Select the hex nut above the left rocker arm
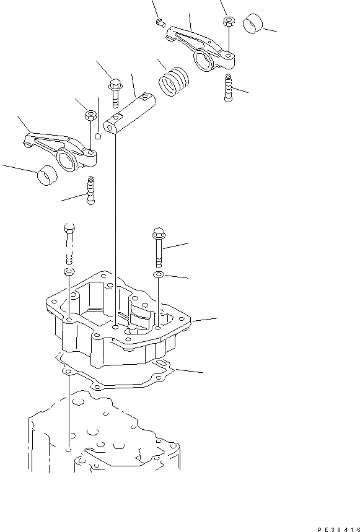90,115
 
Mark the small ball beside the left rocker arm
98,136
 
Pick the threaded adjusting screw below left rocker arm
91,191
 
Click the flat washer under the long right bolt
159,273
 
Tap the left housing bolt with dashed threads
69,242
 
